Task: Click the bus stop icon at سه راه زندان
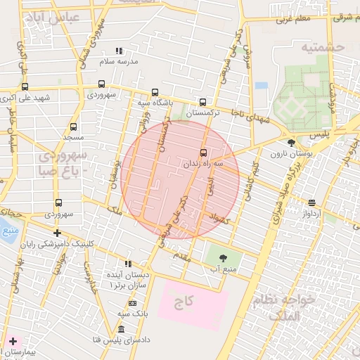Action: (203, 152)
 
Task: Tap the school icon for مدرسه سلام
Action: (119, 51)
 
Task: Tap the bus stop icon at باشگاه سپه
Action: (155, 92)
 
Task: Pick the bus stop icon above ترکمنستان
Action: (203, 102)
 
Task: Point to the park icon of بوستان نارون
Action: (291, 143)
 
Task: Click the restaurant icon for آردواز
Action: (311, 202)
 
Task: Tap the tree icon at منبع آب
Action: (223, 258)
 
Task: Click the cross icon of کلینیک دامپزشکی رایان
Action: (57, 233)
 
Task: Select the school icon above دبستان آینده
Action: (127, 264)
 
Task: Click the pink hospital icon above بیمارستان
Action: (11, 340)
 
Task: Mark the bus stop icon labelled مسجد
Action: (73, 127)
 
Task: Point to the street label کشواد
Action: (224, 219)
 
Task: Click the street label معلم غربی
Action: (292, 19)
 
